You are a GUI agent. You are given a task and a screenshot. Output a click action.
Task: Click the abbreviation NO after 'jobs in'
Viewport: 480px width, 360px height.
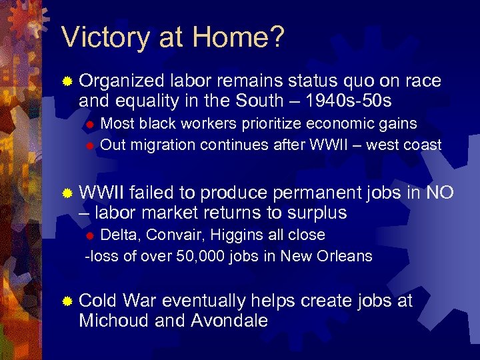pyautogui.click(x=439, y=193)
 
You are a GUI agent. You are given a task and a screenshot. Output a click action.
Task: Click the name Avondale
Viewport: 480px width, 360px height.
pyautogui.click(x=229, y=321)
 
